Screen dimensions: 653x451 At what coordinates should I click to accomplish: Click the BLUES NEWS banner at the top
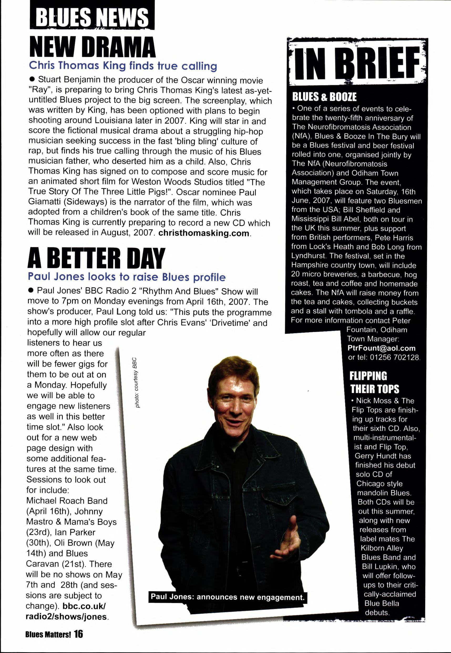92,16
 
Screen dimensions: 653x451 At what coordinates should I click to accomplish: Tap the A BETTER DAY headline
96,258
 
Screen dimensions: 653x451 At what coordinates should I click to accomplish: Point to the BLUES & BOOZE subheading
324,97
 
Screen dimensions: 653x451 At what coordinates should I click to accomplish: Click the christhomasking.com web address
204,233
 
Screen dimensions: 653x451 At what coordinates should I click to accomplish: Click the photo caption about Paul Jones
228,597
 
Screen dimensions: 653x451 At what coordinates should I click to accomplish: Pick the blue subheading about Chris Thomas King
123,65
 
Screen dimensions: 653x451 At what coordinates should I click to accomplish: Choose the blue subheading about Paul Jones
127,277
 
